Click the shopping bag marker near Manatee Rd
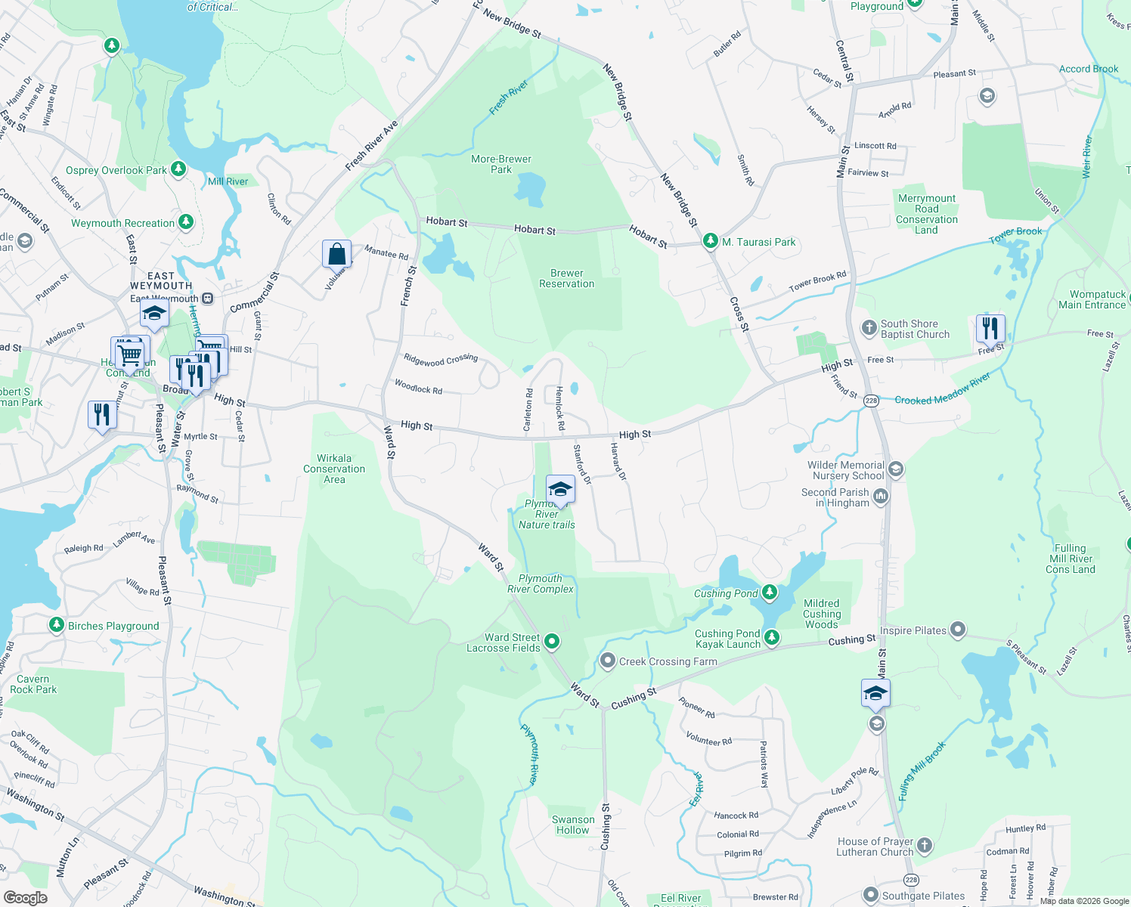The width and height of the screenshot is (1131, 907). (x=336, y=255)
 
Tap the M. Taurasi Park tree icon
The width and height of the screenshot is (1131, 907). (x=710, y=241)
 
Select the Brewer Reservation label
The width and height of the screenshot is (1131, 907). (x=567, y=278)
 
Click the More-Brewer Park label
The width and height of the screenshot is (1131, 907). (x=501, y=164)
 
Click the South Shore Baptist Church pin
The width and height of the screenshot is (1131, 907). (x=869, y=328)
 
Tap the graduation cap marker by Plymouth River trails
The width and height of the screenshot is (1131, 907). (x=560, y=489)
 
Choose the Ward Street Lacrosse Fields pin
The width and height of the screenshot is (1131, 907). (x=552, y=642)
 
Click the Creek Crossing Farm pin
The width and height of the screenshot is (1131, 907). (x=607, y=661)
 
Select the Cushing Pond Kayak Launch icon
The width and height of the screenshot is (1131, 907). (x=771, y=639)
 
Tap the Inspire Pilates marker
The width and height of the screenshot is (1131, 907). (x=958, y=630)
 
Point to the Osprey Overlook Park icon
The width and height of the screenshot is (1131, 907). (x=178, y=169)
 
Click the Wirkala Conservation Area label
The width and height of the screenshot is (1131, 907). (x=334, y=469)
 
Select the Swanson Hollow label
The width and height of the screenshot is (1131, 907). (x=573, y=825)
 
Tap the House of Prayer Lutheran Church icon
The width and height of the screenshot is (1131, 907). (x=925, y=845)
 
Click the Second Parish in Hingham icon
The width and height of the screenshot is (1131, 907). (x=881, y=497)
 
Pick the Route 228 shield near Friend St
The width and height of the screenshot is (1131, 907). (x=871, y=401)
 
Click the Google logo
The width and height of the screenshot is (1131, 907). (x=25, y=898)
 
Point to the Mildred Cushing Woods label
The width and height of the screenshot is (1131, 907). (x=822, y=614)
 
